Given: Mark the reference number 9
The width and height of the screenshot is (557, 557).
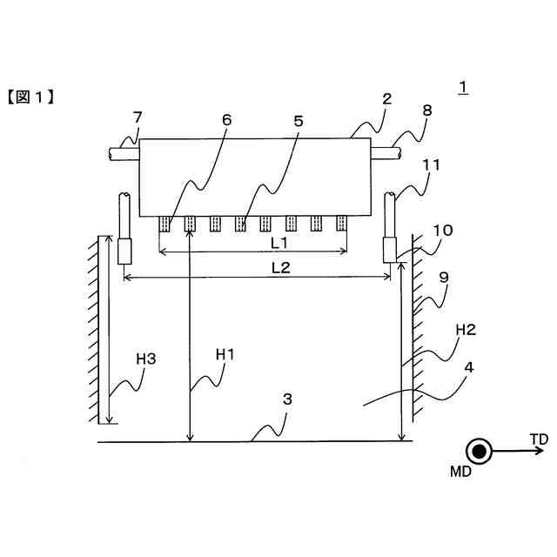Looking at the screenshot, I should (x=445, y=278).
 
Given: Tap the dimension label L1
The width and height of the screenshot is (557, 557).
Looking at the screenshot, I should (x=278, y=241).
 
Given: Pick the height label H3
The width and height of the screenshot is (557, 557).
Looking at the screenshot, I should (x=147, y=357).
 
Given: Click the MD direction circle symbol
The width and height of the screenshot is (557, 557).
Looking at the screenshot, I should (x=478, y=450).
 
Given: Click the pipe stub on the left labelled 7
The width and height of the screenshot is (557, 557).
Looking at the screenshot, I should (x=123, y=153).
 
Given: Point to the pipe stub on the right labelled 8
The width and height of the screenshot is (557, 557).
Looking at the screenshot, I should (x=386, y=153).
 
